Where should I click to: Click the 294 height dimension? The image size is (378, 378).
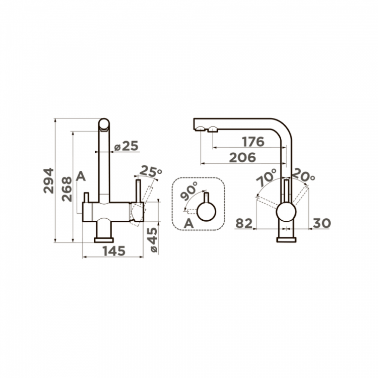pos(49,180)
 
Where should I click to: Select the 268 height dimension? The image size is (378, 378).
pos(67,189)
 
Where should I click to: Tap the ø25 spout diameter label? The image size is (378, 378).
pos(126,146)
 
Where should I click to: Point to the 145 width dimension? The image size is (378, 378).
pos(114,251)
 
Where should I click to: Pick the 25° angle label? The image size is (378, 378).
pos(150,171)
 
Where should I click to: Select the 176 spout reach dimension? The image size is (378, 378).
pos(253,142)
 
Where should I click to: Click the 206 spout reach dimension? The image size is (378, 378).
pos(242,157)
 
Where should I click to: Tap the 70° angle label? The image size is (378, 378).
pos(266,177)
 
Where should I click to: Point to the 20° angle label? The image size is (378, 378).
pos(303,175)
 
